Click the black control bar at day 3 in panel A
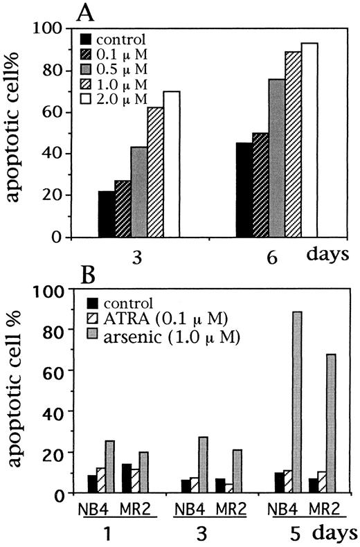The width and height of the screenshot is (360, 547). point(107,214)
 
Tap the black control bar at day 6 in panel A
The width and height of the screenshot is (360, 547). point(245,190)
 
